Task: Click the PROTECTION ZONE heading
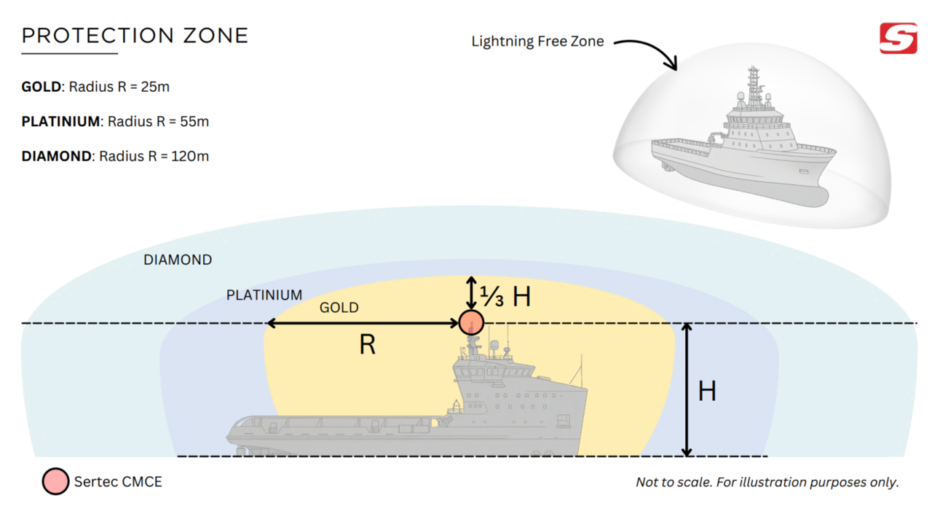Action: pos(135,36)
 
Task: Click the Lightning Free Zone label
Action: pos(537,42)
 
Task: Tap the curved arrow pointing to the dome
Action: pos(648,51)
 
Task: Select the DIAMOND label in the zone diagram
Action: pos(178,260)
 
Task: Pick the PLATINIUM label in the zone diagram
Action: pos(264,295)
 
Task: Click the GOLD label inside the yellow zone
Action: pos(339,308)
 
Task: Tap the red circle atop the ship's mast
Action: pos(471,322)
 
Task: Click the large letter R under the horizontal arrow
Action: pos(368,345)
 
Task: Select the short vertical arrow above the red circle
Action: pos(471,292)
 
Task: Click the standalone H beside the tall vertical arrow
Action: pos(707,392)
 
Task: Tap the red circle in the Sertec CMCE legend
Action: pos(55,481)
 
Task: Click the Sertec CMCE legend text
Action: pos(118,481)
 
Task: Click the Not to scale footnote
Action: pos(767,482)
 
